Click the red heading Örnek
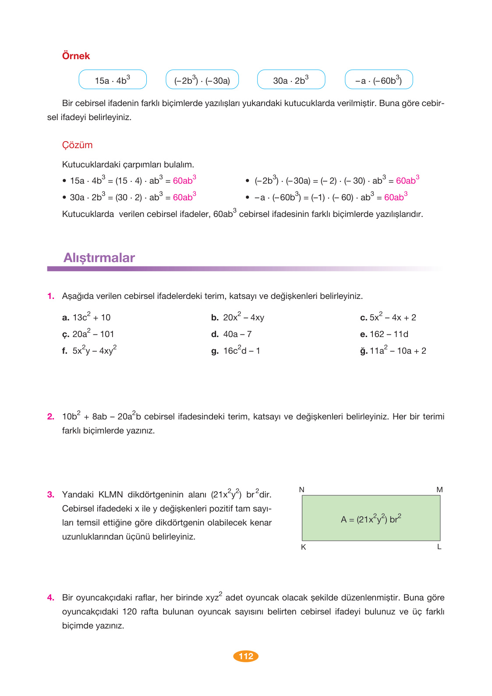tap(76, 56)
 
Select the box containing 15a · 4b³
tap(113, 80)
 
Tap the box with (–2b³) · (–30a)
tap(202, 80)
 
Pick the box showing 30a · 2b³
tap(291, 80)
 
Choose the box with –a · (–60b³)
tap(379, 80)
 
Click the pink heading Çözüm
tap(77, 145)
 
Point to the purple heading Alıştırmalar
tap(99, 258)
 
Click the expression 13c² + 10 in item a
tap(92, 317)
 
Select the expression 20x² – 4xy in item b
tap(244, 317)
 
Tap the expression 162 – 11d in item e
tap(389, 334)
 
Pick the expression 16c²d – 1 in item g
tap(242, 351)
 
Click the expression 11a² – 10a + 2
tap(398, 351)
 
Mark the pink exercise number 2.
tap(51, 417)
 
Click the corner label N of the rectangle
tap(301, 490)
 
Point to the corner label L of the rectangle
tap(439, 547)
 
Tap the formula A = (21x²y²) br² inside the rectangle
tap(371, 519)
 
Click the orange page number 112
tap(246, 656)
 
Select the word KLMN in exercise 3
tap(110, 495)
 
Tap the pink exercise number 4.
tap(51, 598)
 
